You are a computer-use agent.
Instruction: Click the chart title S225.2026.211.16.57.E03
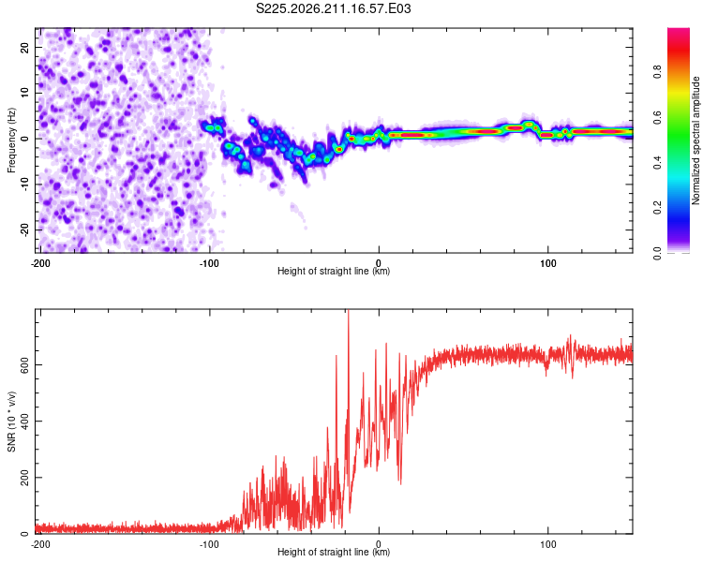click(x=333, y=8)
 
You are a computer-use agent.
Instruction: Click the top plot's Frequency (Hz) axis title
click(x=11, y=140)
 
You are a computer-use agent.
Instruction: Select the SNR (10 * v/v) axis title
click(x=11, y=421)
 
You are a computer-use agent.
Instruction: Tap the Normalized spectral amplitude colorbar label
click(x=696, y=140)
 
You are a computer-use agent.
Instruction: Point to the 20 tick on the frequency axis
click(x=24, y=48)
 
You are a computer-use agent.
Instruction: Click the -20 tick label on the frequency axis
click(x=24, y=229)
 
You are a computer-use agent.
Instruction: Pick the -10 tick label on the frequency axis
click(x=24, y=185)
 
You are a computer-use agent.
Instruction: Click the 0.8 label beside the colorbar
click(x=657, y=72)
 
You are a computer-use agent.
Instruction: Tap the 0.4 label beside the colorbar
click(x=657, y=163)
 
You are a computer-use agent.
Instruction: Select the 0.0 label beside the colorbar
click(x=657, y=253)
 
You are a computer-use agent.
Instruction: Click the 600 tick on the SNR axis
click(x=24, y=364)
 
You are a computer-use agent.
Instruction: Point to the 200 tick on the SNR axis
click(x=24, y=478)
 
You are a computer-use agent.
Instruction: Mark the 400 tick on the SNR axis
click(x=24, y=421)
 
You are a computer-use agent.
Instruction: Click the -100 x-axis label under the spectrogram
click(x=209, y=263)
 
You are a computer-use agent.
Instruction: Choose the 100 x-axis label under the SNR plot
click(x=548, y=544)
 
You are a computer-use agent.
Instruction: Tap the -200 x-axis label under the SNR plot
click(x=40, y=544)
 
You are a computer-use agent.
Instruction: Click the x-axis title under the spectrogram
click(x=334, y=271)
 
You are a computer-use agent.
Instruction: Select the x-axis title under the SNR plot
click(x=334, y=552)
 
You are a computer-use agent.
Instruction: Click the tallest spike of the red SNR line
click(x=349, y=311)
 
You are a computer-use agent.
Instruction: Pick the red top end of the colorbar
click(x=679, y=31)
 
